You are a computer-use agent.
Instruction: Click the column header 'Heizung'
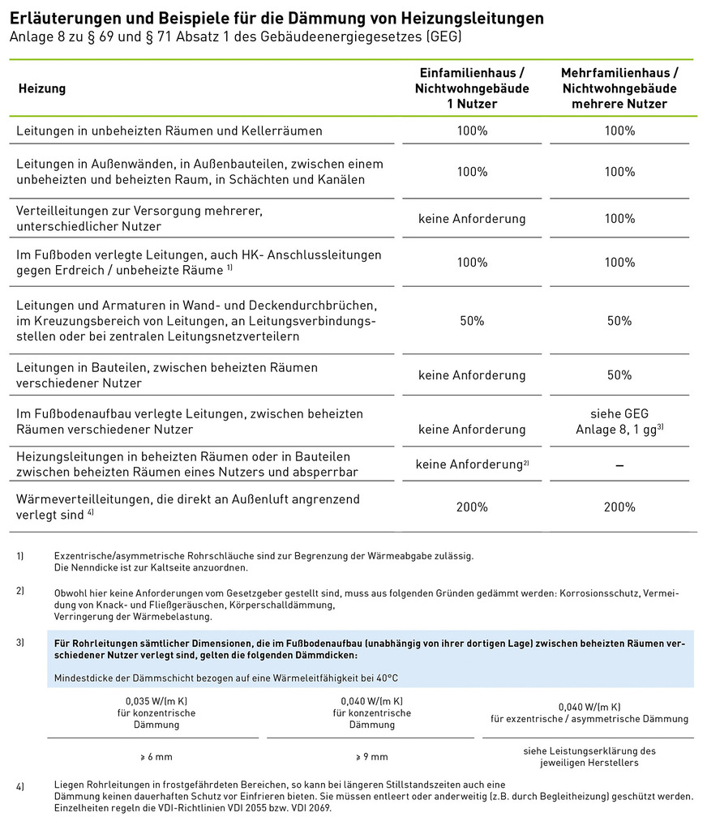coord(41,88)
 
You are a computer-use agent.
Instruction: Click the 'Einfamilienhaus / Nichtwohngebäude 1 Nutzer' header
coord(472,88)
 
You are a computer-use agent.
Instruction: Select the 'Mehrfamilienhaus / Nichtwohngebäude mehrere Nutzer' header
coord(619,88)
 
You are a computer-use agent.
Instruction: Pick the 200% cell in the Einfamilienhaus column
coord(472,507)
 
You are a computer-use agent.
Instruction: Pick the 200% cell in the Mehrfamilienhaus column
coord(619,507)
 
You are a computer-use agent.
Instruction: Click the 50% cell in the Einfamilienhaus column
coord(472,321)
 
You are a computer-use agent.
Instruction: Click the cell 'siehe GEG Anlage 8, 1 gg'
coord(619,421)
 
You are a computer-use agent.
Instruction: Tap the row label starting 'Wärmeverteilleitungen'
coord(188,507)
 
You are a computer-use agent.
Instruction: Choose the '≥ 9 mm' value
coord(371,757)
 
